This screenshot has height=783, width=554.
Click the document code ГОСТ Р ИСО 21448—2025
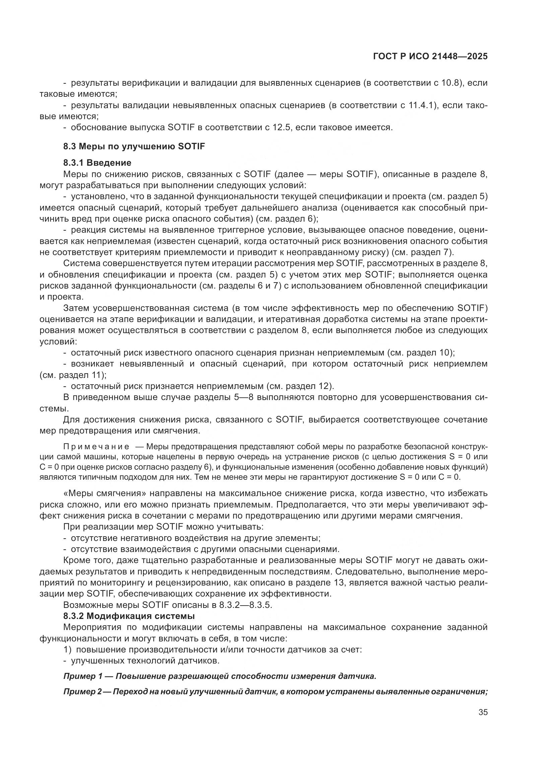click(430, 57)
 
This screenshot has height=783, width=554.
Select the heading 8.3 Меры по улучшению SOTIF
click(134, 146)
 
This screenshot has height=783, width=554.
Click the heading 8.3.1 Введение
click(97, 163)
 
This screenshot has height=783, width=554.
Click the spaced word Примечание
click(96, 447)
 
